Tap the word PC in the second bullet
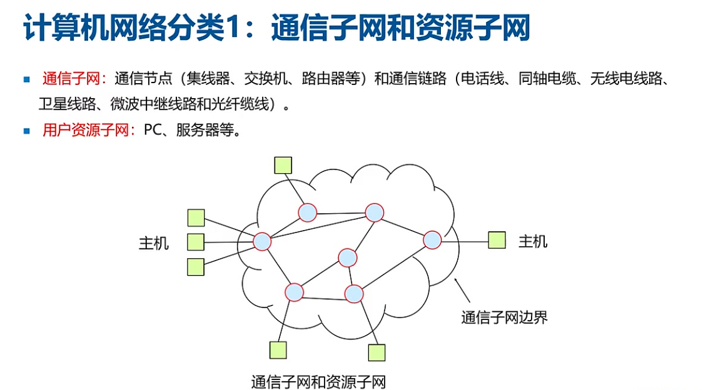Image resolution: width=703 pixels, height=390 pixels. [153, 131]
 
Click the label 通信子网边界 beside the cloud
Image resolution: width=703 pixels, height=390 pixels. [504, 317]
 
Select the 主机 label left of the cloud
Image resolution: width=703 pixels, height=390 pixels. [154, 242]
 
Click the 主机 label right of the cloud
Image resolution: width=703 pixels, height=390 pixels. [533, 241]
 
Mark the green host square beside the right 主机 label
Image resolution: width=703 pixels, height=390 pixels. [497, 240]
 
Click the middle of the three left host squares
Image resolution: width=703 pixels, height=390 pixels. [196, 242]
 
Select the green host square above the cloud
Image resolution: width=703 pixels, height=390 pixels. [283, 164]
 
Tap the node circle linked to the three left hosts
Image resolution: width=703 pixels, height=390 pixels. [261, 241]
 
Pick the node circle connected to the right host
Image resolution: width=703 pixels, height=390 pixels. [432, 239]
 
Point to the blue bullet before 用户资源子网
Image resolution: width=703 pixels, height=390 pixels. [26, 131]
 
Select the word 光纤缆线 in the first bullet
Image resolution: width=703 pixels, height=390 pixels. [246, 104]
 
